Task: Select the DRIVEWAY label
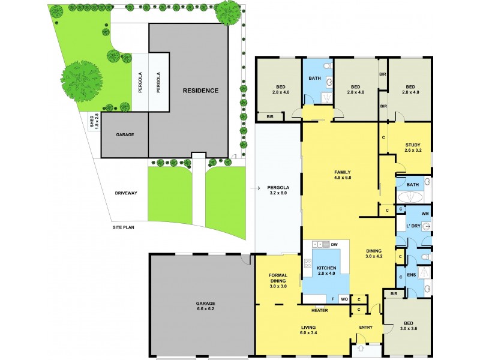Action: [x=127, y=193]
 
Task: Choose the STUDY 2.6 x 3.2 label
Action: [x=412, y=148]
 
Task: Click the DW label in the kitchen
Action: [x=334, y=244]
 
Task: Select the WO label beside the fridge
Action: [x=344, y=298]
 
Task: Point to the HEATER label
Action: [x=319, y=310]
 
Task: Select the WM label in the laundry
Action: [x=425, y=213]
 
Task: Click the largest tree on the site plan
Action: [x=80, y=79]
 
